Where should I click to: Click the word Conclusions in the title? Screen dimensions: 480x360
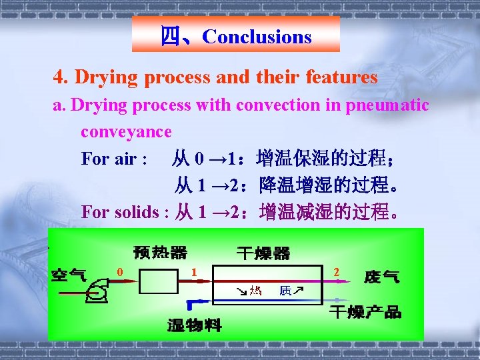[257, 37]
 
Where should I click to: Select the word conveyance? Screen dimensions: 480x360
[126, 131]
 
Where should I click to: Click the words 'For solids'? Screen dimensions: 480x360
[123, 212]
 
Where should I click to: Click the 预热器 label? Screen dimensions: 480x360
[161, 253]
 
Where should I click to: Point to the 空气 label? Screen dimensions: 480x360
[69, 275]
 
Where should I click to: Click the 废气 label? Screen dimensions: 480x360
[382, 276]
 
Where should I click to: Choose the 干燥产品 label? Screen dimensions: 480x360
[366, 312]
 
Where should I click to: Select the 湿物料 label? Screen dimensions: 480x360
[194, 325]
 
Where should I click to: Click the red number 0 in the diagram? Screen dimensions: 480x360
[120, 271]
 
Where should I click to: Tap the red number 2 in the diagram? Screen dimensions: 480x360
[337, 271]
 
